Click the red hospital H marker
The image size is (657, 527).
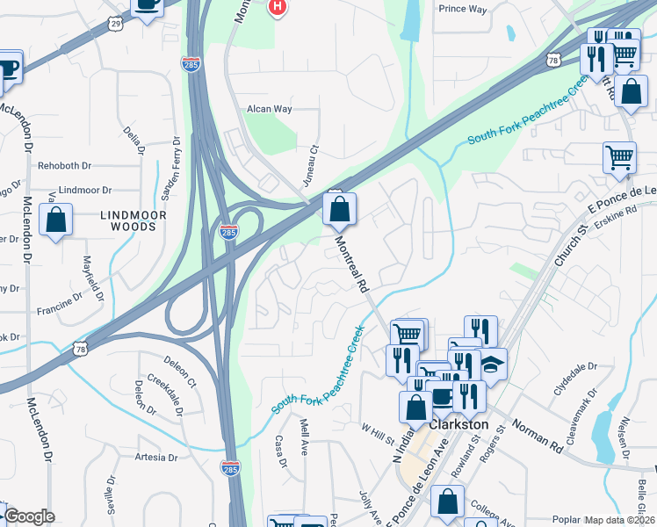(278, 8)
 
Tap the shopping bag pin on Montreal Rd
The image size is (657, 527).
(339, 210)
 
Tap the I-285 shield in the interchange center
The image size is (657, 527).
(228, 233)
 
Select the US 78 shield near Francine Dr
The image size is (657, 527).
(80, 348)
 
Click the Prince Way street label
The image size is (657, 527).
(462, 9)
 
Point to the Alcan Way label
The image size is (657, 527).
(270, 110)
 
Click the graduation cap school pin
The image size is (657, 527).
(494, 363)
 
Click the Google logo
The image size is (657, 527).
(30, 516)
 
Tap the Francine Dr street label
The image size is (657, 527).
(60, 310)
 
